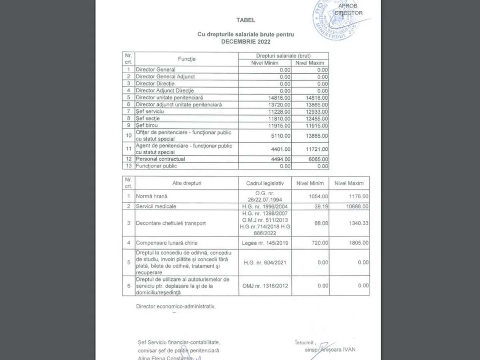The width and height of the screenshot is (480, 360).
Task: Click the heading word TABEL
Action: click(x=246, y=20)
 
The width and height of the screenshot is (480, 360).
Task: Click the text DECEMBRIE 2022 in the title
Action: click(x=246, y=42)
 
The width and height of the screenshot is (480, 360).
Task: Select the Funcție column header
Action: click(x=187, y=59)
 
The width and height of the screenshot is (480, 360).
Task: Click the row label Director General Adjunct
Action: click(x=165, y=76)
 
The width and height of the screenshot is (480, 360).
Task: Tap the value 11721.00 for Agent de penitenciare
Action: click(x=316, y=149)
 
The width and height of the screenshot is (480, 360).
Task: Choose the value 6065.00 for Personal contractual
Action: click(x=318, y=159)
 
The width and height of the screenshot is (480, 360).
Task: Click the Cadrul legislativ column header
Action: click(x=265, y=183)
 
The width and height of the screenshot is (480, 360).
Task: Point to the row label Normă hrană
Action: click(x=152, y=196)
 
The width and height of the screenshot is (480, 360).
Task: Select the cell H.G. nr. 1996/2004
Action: click(x=265, y=206)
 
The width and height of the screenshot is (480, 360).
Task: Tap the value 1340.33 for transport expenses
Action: click(x=358, y=223)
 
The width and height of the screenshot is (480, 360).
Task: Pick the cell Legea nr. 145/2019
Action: click(x=265, y=243)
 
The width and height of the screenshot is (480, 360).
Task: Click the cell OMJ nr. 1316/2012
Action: click(x=265, y=286)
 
